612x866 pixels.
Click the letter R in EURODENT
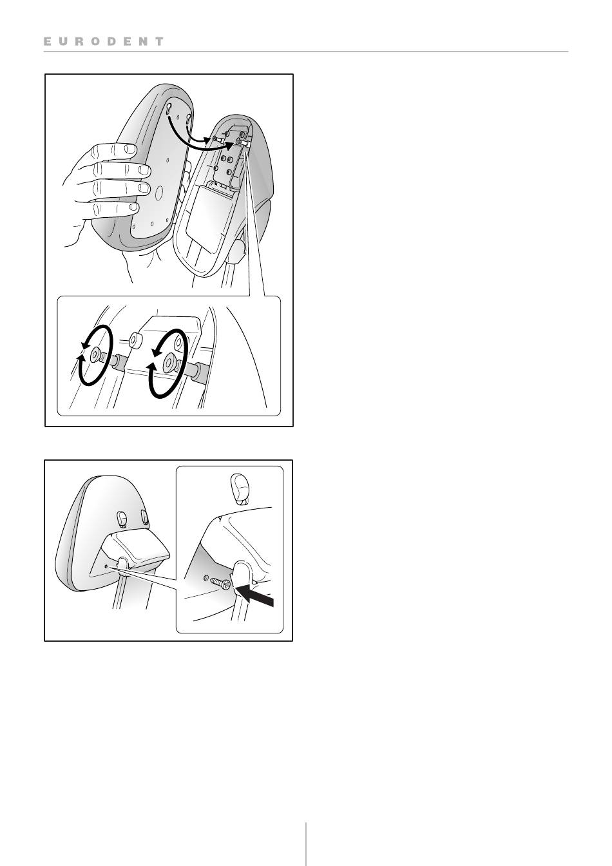pos(79,41)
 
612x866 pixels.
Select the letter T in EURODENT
pos(159,41)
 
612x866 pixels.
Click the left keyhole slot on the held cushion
pos(169,109)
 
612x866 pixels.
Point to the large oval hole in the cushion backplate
pos(158,192)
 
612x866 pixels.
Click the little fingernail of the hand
pos(134,207)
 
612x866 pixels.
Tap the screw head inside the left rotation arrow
pos(95,355)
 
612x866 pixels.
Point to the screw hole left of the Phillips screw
pos(206,577)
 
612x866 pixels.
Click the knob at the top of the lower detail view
pos(239,489)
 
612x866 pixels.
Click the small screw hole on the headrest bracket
pos(106,566)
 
